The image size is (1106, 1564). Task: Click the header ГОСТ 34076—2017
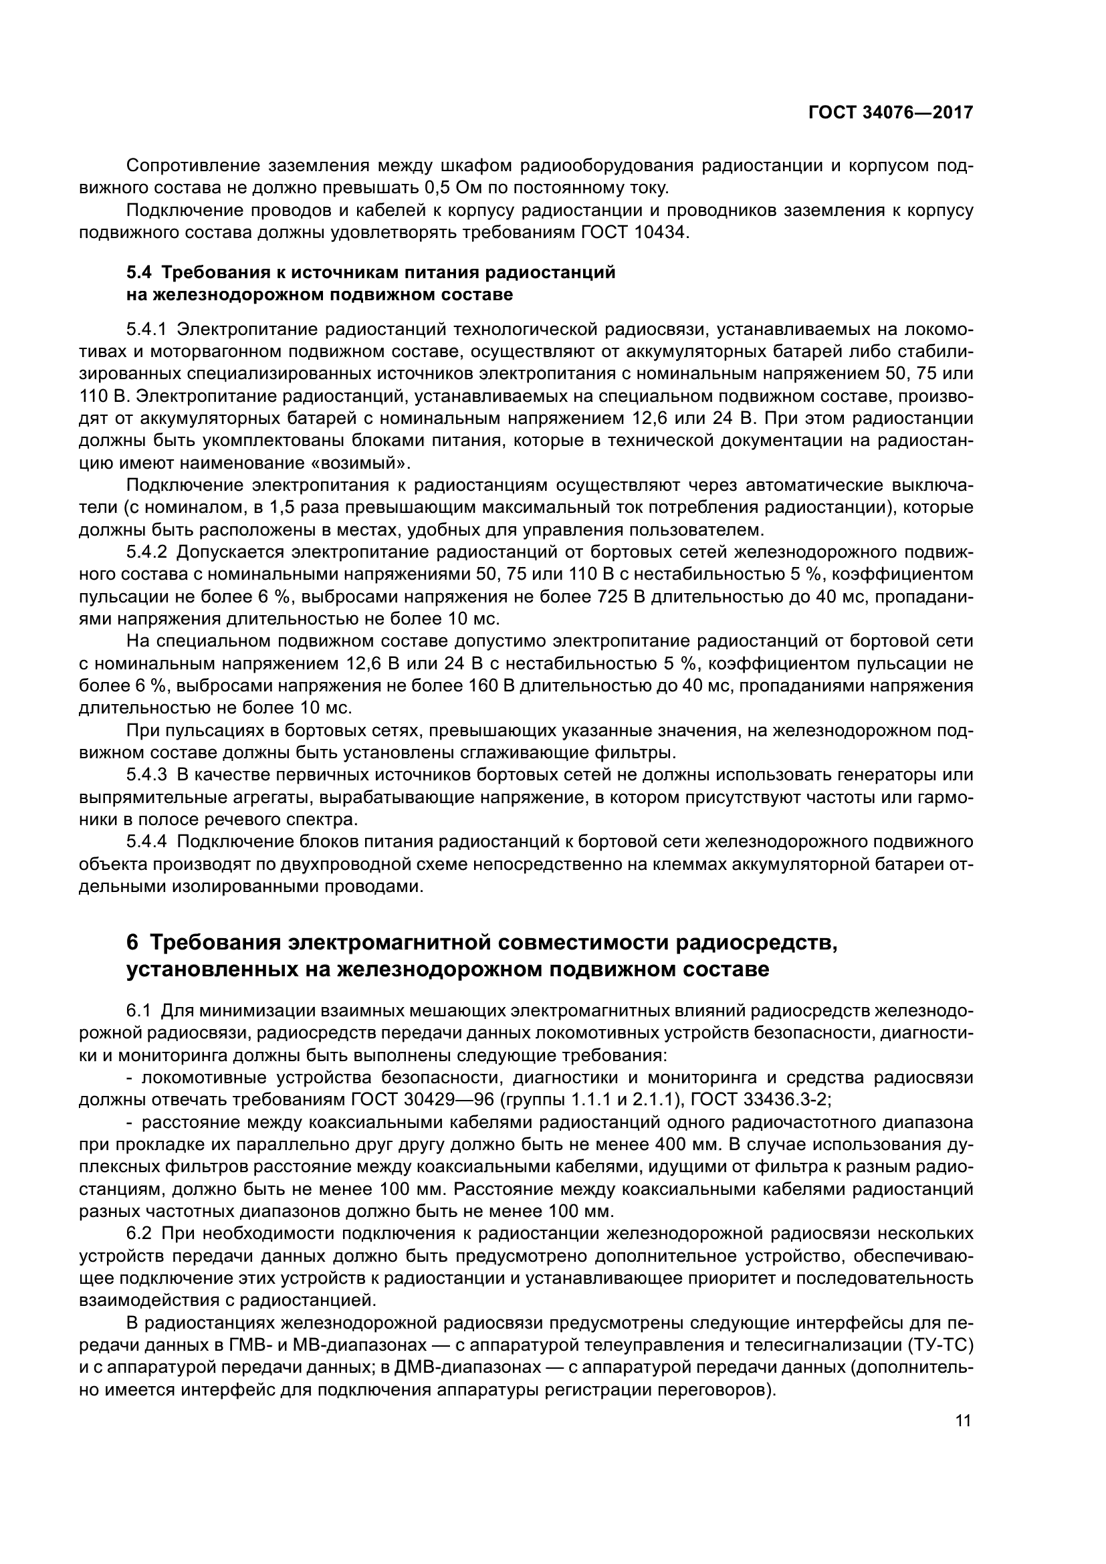890,113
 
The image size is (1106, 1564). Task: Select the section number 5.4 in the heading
140,272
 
